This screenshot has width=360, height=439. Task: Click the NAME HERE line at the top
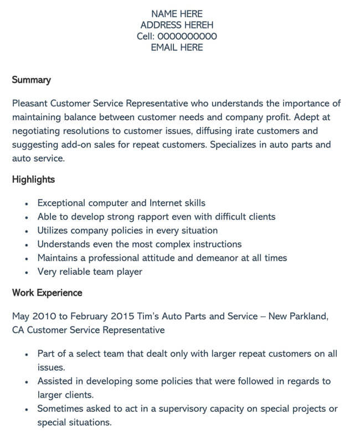(177, 14)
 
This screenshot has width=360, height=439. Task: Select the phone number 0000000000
(187, 37)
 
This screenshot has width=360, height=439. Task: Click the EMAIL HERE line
(177, 48)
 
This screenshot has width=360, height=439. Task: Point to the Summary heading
(31, 80)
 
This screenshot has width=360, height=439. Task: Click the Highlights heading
(33, 180)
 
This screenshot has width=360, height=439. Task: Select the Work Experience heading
(47, 293)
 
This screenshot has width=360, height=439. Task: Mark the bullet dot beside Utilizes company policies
(26, 231)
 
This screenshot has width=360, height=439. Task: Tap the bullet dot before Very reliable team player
(26, 272)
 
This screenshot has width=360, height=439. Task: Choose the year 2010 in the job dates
(45, 317)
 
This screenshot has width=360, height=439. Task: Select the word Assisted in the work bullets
(56, 381)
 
